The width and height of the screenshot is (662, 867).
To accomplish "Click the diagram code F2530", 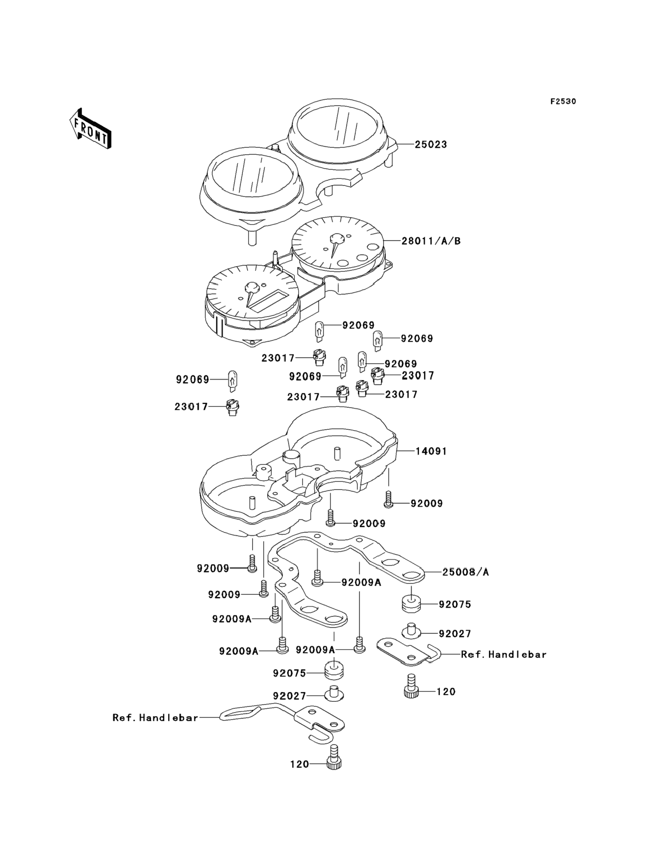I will coord(563,102).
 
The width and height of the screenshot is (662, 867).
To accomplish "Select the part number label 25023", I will coord(431,145).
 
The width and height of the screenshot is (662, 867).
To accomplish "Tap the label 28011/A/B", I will coord(431,241).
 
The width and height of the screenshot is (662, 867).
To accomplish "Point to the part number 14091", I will coord(431,451).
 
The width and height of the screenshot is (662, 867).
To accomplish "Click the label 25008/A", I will coord(465,572).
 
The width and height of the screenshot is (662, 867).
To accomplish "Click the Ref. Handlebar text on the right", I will coord(503,654).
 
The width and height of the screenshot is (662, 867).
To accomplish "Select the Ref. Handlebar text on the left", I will coord(155,718).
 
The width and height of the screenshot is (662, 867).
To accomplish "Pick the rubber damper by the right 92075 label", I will coord(411,605).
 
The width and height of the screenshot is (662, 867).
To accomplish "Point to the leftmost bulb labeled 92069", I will coord(233,380).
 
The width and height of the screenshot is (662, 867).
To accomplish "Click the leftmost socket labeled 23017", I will coord(233,407).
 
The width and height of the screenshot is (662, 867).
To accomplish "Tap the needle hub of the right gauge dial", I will coord(337,239).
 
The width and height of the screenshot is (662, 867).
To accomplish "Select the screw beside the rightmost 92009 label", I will coord(388,499).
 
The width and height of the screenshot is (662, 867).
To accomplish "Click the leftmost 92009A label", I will coord(232,619).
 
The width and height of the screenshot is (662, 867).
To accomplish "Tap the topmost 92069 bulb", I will coord(319,330).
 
